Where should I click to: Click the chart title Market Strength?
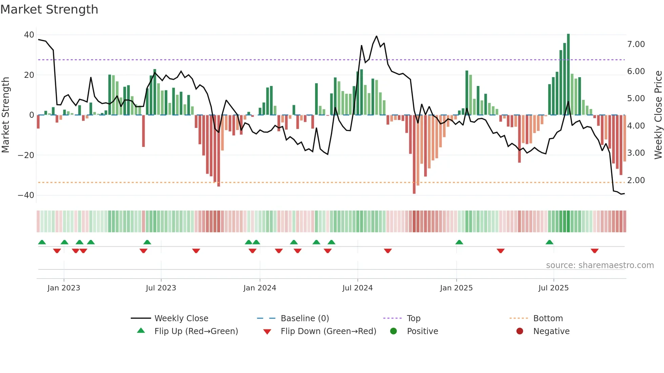point(49,9)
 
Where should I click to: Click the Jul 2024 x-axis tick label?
point(357,288)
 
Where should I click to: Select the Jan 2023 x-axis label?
point(64,288)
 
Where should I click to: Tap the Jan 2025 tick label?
point(456,288)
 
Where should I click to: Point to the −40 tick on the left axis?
point(26,195)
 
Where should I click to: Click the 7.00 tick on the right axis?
point(636,44)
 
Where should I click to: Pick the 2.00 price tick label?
point(636,180)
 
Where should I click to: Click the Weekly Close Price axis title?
point(658,115)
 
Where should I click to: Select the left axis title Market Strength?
point(5,115)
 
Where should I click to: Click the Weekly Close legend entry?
point(181,319)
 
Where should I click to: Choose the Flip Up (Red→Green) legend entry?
point(196,331)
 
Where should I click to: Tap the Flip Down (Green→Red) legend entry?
point(328,331)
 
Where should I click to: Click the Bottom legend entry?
point(548,319)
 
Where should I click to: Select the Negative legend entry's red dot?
point(520,331)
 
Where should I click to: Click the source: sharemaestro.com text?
point(600,265)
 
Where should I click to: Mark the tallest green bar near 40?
point(568,74)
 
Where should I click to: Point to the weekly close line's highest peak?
point(376,36)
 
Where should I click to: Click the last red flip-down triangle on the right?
point(595,251)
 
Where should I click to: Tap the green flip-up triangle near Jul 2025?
point(549,242)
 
